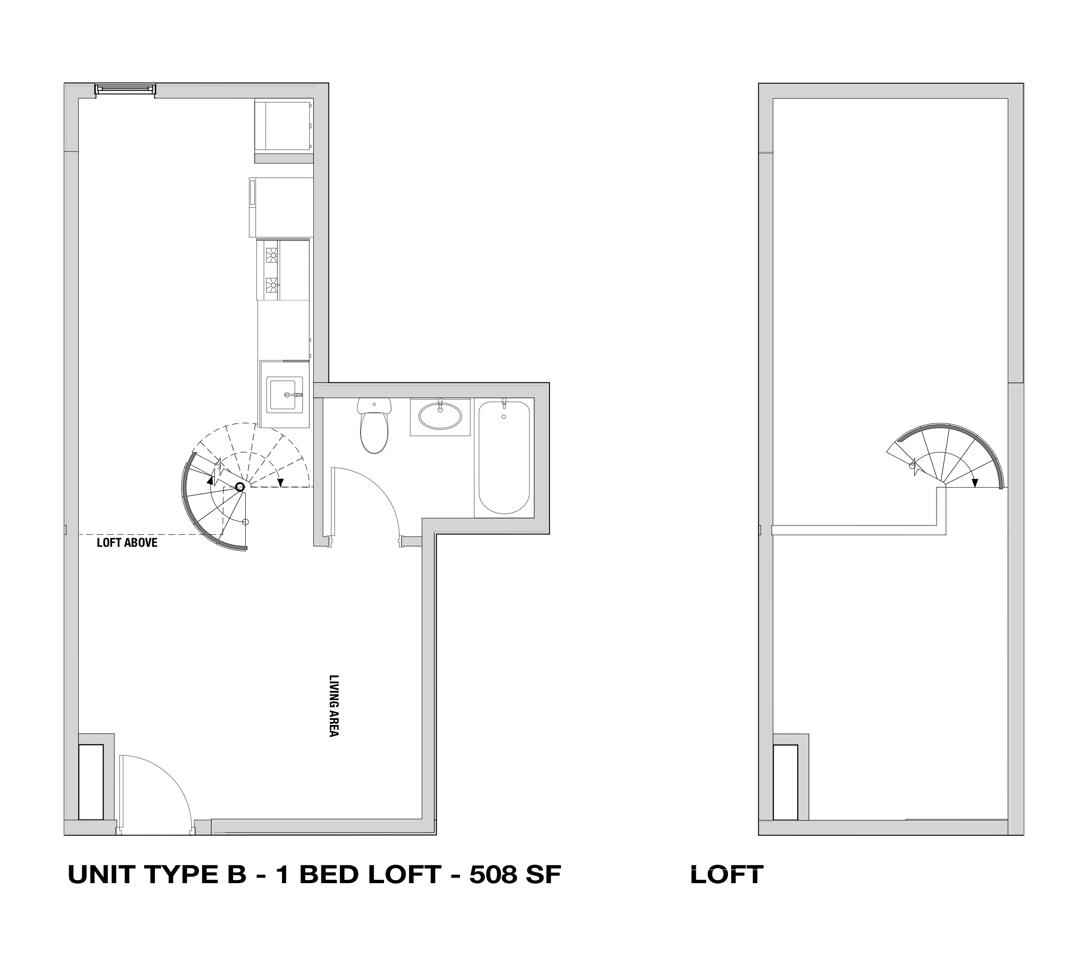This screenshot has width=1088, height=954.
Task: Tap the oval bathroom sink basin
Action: pos(440,416)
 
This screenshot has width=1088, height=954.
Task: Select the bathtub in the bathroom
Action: pos(504,458)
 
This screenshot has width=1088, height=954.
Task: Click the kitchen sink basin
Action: pos(285,394)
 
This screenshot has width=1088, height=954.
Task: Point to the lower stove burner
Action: pos(272,286)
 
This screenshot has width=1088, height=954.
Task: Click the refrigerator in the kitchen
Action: pos(281,207)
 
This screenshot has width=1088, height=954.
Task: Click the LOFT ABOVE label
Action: pos(127,543)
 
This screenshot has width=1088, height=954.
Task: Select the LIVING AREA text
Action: pos(334,706)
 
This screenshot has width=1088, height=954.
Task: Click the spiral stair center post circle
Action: pos(240,487)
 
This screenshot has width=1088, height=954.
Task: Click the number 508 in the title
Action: pos(493,874)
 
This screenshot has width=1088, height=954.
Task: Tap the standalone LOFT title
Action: pos(727,874)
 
